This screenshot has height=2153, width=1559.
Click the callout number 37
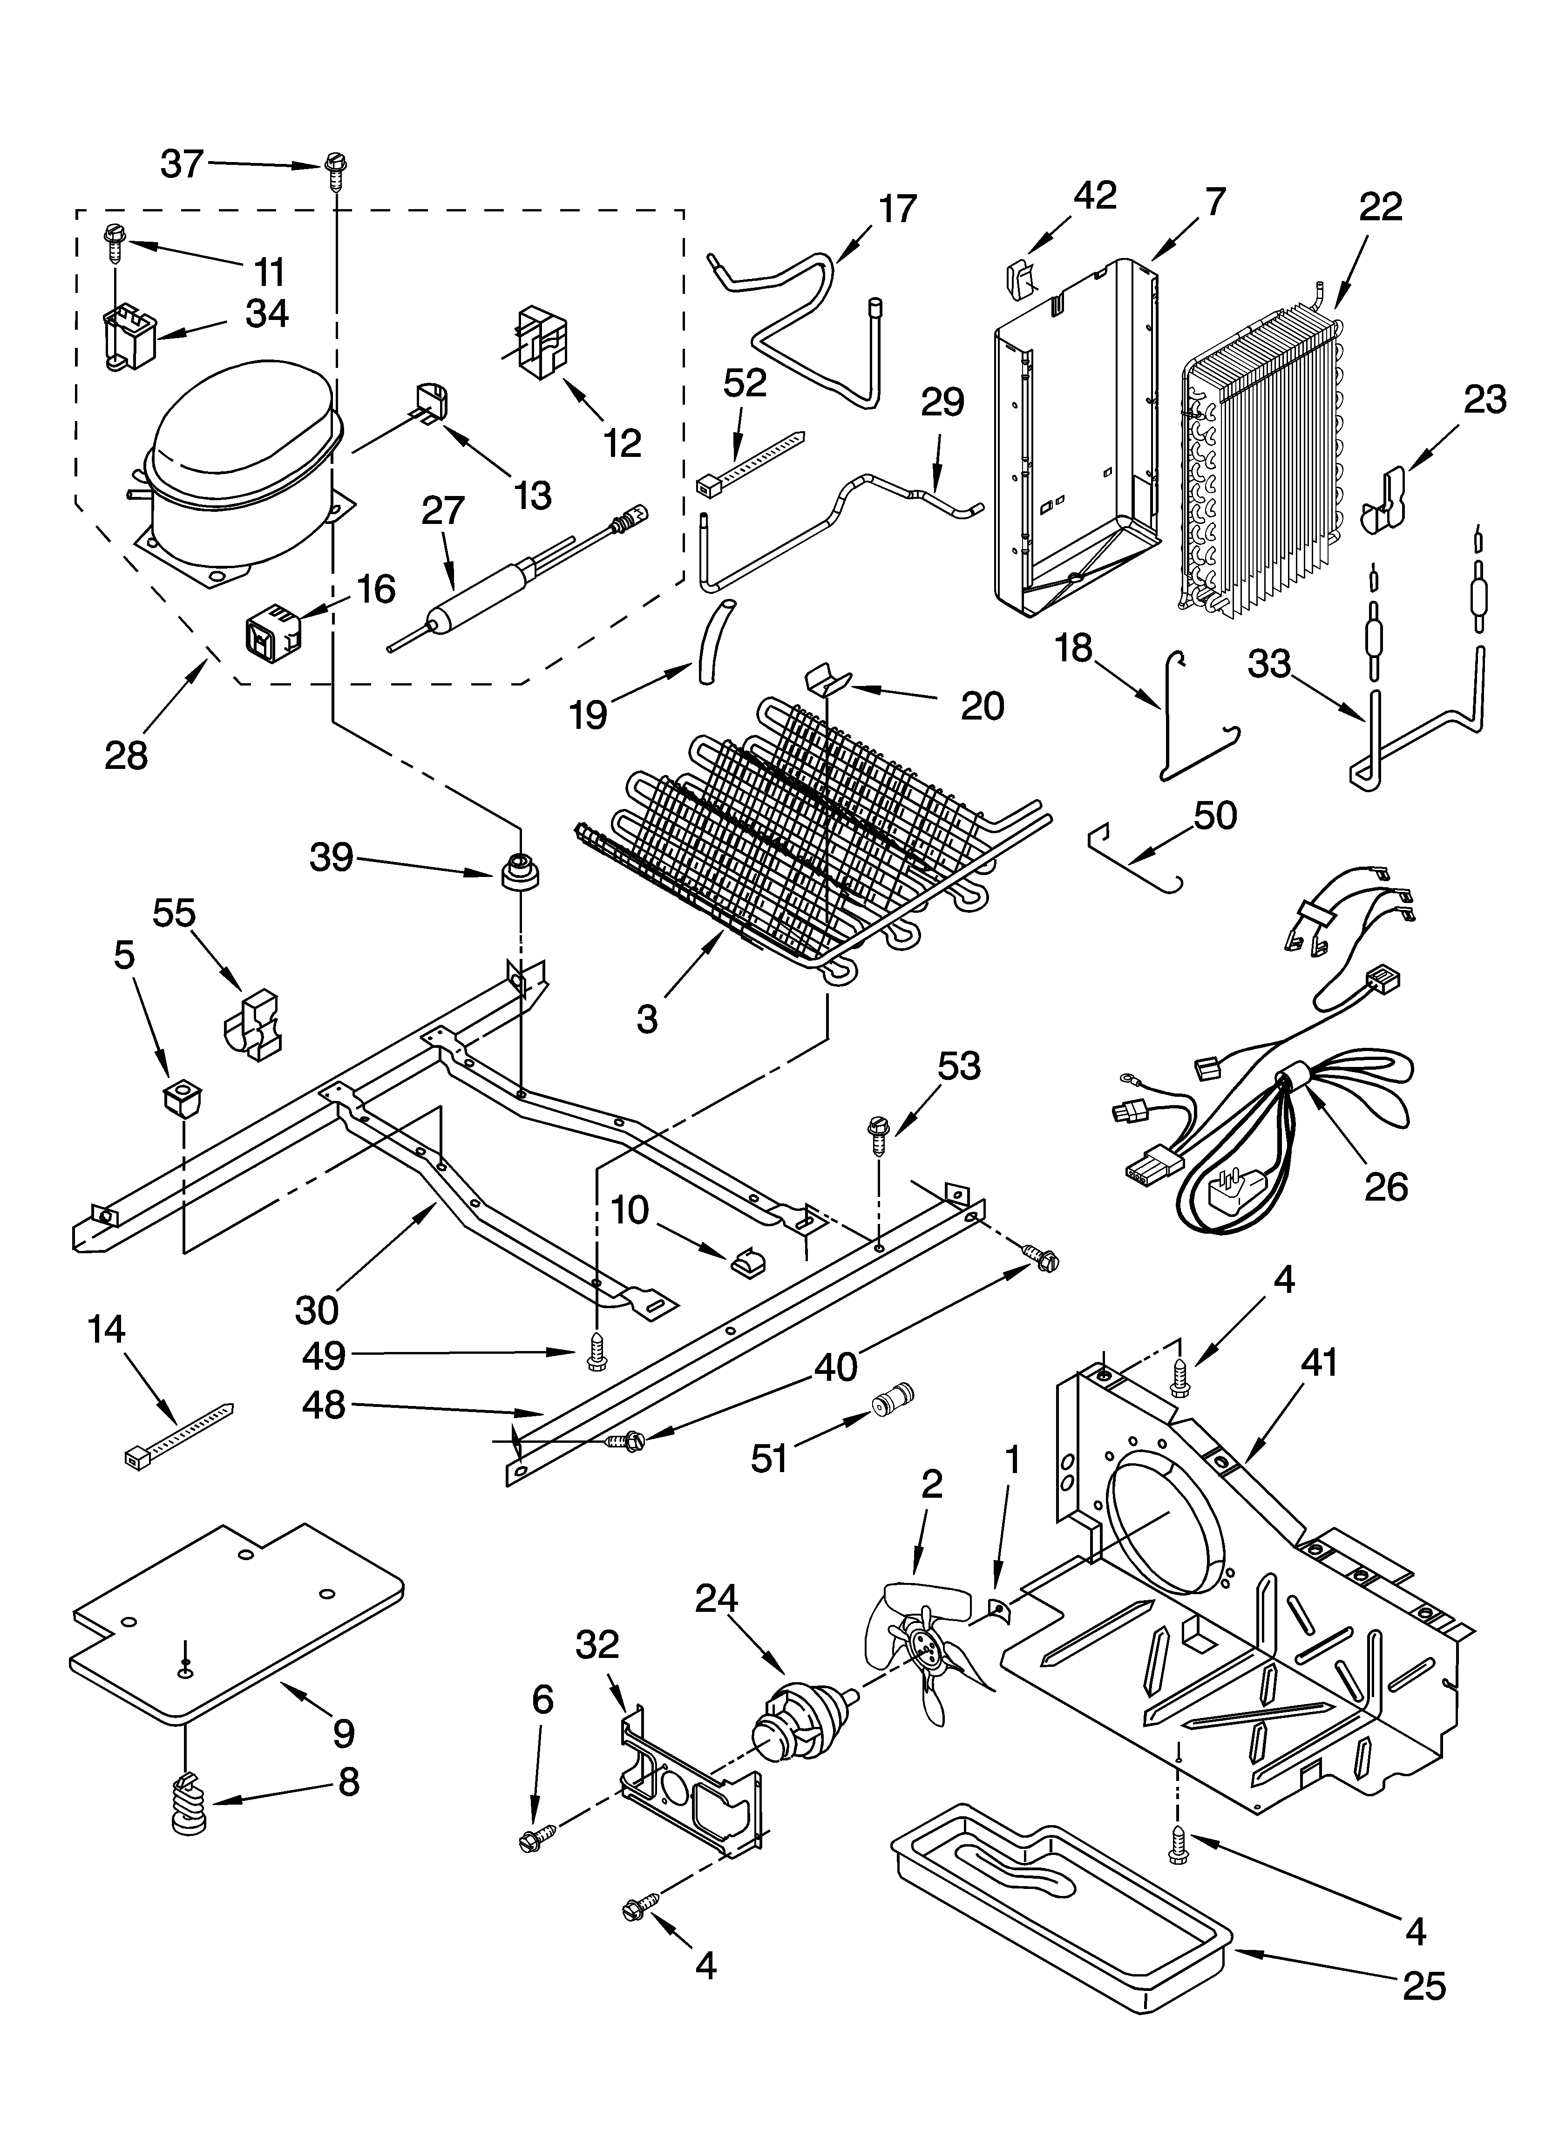[x=181, y=164]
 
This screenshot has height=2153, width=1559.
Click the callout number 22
[x=1380, y=206]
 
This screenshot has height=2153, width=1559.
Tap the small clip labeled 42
[x=1018, y=277]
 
